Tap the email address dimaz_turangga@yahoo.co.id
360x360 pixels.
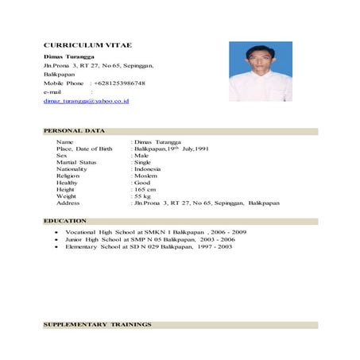tap(87, 102)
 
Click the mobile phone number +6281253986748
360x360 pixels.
tap(119, 83)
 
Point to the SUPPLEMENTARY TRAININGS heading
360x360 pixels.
tap(96, 325)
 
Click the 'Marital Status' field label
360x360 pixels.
tap(76, 162)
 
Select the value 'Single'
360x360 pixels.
tap(144, 162)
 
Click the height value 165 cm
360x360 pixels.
tap(145, 189)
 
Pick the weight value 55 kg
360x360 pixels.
tap(143, 195)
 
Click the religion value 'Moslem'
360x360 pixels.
tap(146, 176)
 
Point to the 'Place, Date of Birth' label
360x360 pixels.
tap(84, 149)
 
